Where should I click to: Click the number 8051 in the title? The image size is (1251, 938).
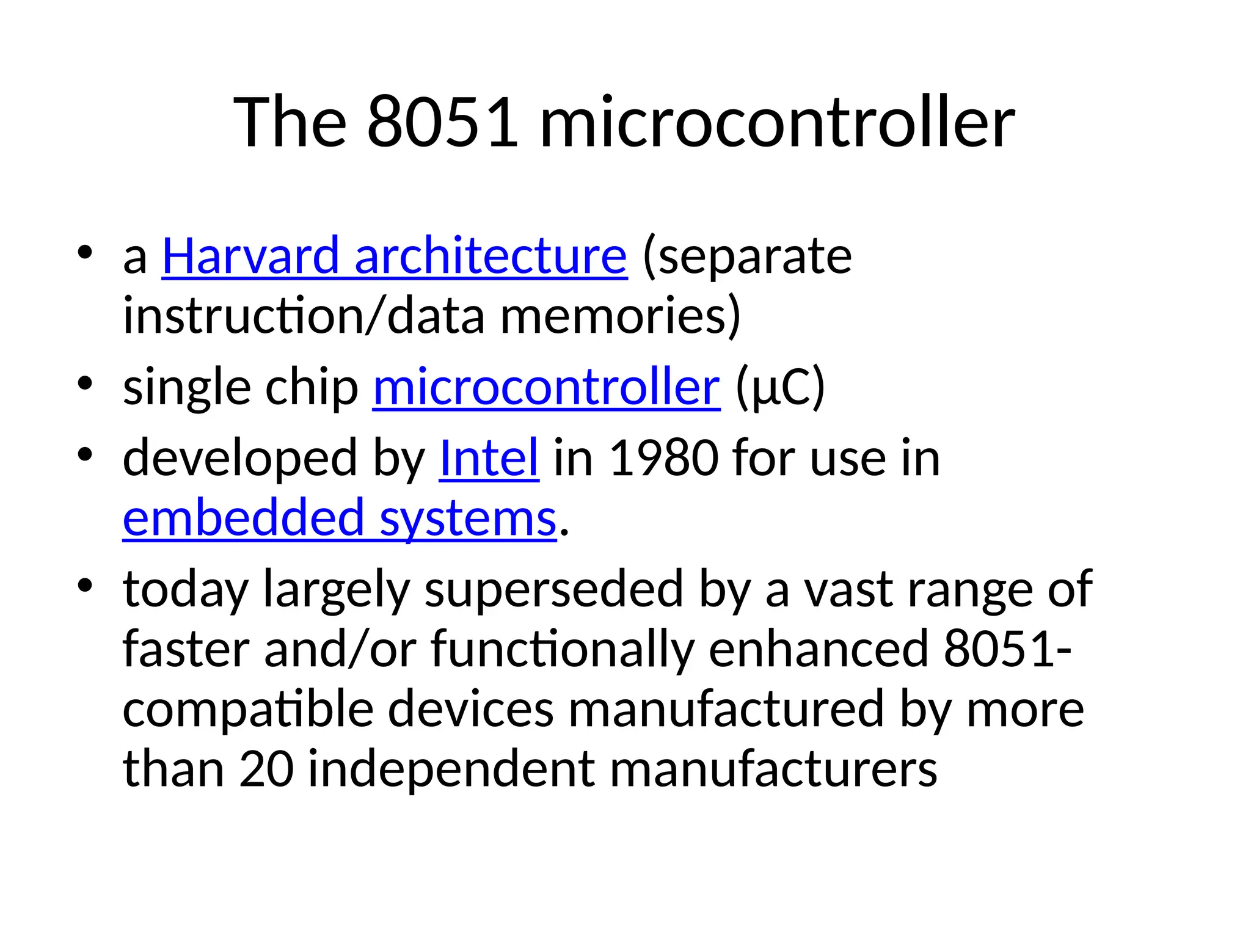pyautogui.click(x=443, y=122)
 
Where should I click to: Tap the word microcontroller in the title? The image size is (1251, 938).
pyautogui.click(x=777, y=122)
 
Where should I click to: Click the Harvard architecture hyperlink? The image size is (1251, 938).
pyautogui.click(x=394, y=256)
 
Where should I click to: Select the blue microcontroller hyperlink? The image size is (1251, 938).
pyautogui.click(x=546, y=387)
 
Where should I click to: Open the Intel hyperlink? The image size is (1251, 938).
pyautogui.click(x=489, y=458)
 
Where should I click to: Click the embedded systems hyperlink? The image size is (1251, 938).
pyautogui.click(x=340, y=518)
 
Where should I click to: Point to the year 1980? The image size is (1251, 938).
pyautogui.click(x=664, y=458)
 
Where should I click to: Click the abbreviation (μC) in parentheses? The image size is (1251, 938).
pyautogui.click(x=780, y=387)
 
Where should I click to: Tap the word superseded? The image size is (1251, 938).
pyautogui.click(x=553, y=589)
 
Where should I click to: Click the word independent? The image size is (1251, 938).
pyautogui.click(x=451, y=768)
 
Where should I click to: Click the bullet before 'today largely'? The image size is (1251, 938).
pyautogui.click(x=85, y=585)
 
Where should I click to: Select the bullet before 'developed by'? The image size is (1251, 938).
pyautogui.click(x=85, y=454)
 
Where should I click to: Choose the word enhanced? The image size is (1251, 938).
pyautogui.click(x=818, y=649)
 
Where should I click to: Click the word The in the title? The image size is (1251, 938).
pyautogui.click(x=290, y=122)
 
